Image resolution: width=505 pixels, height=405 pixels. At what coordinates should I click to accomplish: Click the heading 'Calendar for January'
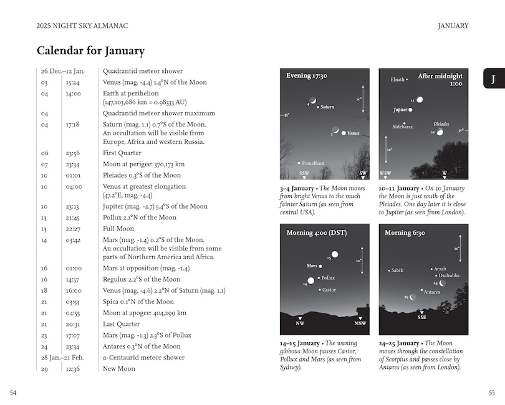tap(90, 50)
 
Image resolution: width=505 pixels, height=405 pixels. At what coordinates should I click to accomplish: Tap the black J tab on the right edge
tap(493, 79)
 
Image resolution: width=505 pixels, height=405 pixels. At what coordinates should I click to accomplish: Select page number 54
tap(14, 392)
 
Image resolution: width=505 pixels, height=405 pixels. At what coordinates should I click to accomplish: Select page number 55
tap(491, 392)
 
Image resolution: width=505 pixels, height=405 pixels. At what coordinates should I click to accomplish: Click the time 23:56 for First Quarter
tap(74, 153)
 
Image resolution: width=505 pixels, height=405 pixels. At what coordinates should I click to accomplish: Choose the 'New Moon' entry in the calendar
tap(118, 368)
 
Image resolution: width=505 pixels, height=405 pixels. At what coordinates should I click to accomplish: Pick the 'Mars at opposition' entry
tap(146, 268)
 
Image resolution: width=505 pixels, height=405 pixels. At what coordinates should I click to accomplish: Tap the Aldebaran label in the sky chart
tap(402, 127)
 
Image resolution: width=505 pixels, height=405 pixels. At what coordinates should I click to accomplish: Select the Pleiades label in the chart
tap(441, 124)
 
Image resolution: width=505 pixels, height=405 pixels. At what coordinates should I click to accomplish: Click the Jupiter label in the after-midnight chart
tap(400, 110)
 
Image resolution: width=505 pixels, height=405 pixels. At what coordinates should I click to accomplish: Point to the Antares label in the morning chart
tap(432, 292)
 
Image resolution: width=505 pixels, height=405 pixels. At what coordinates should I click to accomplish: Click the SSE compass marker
tap(422, 317)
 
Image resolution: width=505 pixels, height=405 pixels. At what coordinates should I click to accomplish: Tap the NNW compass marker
tap(361, 323)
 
